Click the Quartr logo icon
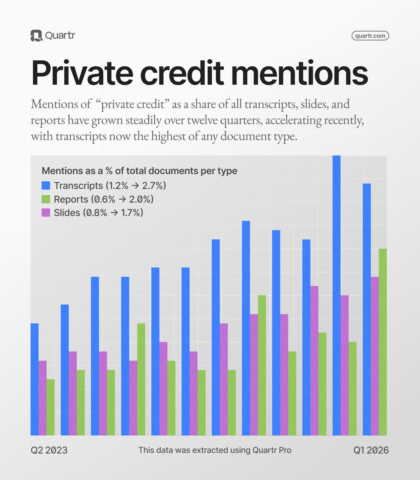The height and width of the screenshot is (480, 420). (x=36, y=36)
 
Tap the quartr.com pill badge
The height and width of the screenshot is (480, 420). (x=370, y=36)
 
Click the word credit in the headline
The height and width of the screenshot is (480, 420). (x=182, y=73)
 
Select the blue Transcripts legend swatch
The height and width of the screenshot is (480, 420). (x=46, y=185)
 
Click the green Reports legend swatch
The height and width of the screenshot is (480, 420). (x=46, y=199)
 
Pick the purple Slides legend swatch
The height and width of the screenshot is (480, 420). (x=46, y=213)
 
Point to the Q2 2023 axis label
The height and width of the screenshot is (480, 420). (x=49, y=450)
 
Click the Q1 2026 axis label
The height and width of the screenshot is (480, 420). (x=371, y=450)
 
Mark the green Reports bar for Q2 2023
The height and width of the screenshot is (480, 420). (x=51, y=407)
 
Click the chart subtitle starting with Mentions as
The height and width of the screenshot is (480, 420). (x=139, y=171)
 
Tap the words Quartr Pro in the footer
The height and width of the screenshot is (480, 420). (x=272, y=450)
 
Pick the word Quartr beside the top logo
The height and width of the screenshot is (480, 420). (x=60, y=36)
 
